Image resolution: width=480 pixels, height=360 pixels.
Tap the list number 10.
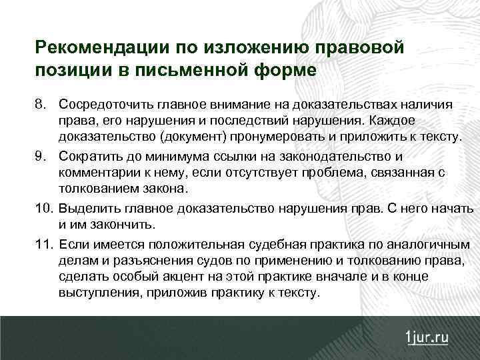tap(43, 209)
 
